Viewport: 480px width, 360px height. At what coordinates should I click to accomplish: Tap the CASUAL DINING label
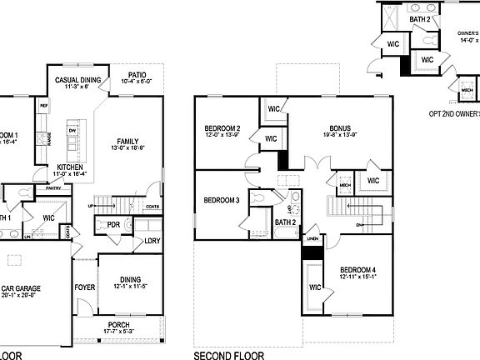click(78, 80)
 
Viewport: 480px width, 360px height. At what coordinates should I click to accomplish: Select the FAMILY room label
click(127, 141)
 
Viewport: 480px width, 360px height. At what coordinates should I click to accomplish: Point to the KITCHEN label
click(69, 167)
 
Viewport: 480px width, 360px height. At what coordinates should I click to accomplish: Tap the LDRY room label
click(152, 241)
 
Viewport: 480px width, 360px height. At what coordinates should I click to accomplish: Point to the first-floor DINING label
click(129, 280)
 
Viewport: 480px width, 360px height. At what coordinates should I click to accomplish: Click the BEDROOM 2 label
click(222, 128)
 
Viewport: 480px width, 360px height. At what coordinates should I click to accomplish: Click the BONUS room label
click(339, 128)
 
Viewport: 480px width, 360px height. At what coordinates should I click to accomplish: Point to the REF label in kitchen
click(43, 106)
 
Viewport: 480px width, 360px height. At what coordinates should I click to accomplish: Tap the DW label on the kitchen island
click(73, 131)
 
